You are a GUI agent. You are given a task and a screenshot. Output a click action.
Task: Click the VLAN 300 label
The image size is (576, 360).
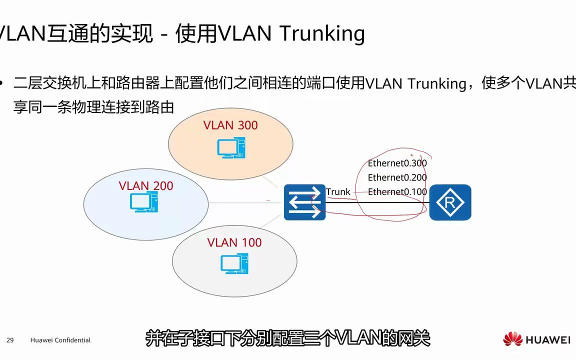click(230, 125)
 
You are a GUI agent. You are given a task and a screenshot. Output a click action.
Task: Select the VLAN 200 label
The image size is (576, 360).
click(146, 186)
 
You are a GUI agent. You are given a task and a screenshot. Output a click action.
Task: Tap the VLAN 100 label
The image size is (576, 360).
click(234, 242)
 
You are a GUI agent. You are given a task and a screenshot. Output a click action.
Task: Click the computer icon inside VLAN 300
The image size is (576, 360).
click(231, 148)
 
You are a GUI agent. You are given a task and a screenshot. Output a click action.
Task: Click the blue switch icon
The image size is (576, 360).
click(305, 202)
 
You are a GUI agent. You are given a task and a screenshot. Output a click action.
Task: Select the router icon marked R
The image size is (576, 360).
click(450, 202)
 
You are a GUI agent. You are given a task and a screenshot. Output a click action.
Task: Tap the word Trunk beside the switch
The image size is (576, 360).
click(338, 192)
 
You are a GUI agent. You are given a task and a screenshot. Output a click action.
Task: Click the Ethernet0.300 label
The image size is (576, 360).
click(397, 163)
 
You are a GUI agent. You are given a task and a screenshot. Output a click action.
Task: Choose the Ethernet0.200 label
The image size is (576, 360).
click(397, 177)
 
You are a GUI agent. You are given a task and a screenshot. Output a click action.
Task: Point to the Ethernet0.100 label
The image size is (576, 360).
click(397, 192)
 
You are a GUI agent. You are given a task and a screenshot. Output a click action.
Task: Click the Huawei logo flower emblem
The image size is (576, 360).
click(512, 339)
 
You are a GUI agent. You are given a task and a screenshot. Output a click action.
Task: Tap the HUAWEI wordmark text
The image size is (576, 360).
click(547, 340)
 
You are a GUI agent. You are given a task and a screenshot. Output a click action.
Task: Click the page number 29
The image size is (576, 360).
click(10, 340)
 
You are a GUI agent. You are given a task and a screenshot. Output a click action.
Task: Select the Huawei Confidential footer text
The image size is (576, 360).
click(60, 340)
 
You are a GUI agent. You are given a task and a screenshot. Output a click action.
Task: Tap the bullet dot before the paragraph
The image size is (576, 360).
click(3, 83)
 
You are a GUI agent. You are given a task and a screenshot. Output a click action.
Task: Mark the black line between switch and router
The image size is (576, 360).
click(377, 202)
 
